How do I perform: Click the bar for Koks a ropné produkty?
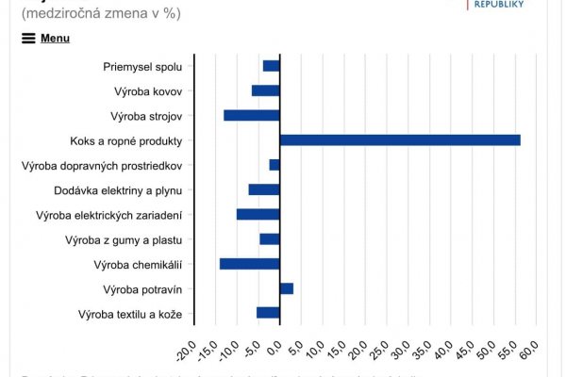point(400,140)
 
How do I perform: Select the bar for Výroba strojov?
point(252,116)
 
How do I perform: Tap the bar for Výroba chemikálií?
point(250,264)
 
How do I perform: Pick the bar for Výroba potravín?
point(287,288)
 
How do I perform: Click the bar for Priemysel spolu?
point(272,66)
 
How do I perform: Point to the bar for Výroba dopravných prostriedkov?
point(275,165)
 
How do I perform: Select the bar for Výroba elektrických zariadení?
point(258,215)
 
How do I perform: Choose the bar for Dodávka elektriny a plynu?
point(264,189)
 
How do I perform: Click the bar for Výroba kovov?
point(266,90)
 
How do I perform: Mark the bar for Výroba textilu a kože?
point(269,313)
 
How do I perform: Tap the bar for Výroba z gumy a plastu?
point(270,239)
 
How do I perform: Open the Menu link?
point(55,39)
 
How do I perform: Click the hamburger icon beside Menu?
point(28,39)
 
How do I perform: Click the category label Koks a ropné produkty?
point(132,140)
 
